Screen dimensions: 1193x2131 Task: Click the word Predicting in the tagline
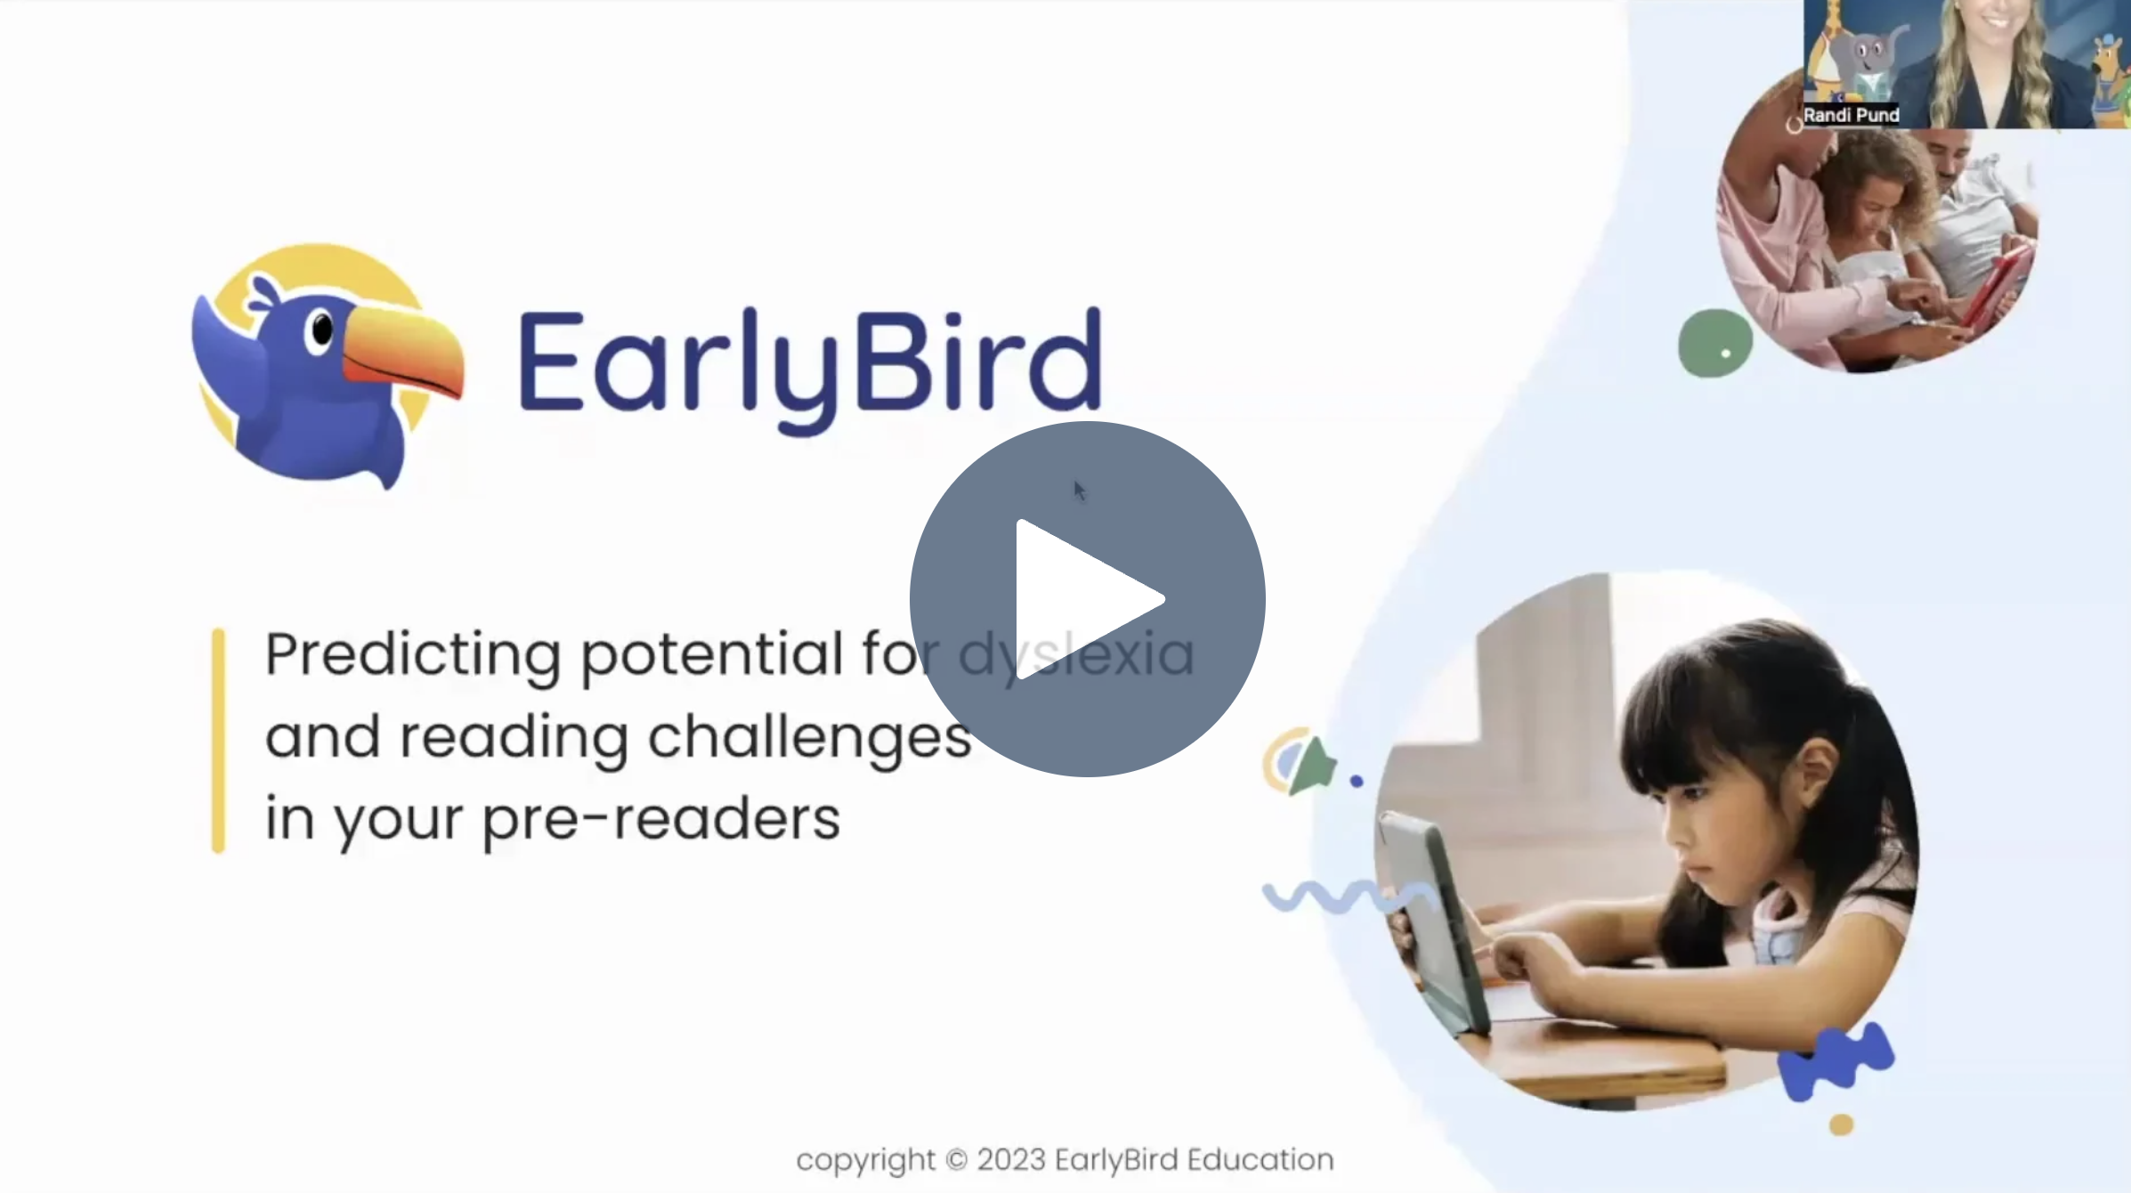click(x=412, y=654)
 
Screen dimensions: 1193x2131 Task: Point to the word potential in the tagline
click(x=711, y=654)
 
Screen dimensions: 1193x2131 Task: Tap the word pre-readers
click(x=660, y=819)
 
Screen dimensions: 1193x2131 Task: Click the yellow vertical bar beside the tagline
click(x=218, y=741)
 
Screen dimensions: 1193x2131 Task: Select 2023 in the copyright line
click(x=1010, y=1160)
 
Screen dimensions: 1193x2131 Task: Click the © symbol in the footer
click(x=955, y=1160)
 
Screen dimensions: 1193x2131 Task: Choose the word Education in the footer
click(x=1260, y=1160)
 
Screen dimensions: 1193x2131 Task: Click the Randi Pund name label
click(x=1851, y=115)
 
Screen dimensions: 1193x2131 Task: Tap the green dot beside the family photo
click(x=1714, y=344)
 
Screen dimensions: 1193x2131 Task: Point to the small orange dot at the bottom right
click(x=1841, y=1124)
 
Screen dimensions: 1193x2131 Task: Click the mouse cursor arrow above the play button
click(x=1079, y=490)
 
